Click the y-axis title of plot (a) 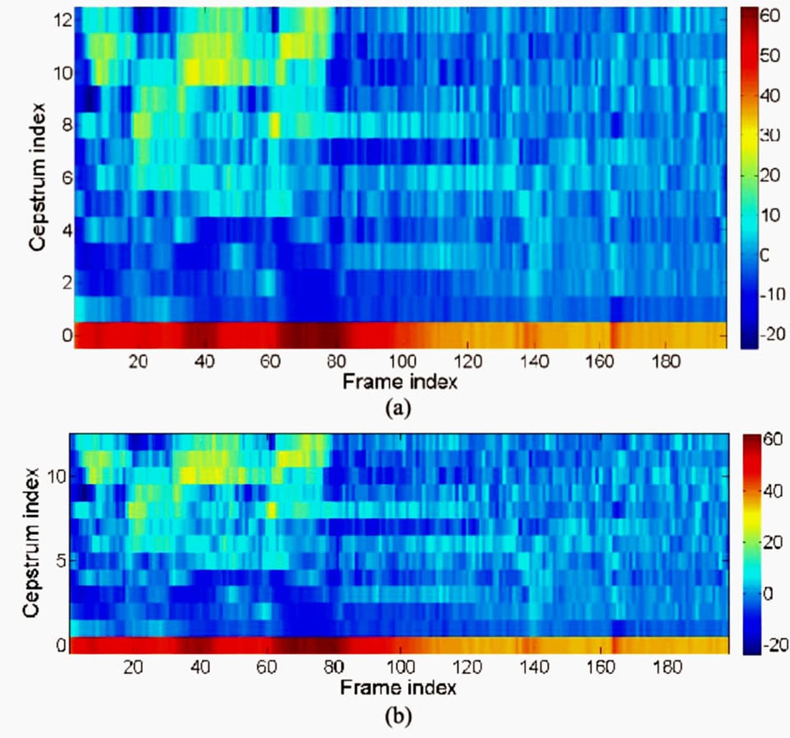tap(37, 177)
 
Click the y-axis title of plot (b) tap(32, 543)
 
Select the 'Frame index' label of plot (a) tap(400, 382)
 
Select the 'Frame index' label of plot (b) tap(398, 688)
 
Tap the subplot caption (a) tap(398, 408)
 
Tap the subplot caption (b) tap(398, 715)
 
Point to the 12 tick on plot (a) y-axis tap(62, 20)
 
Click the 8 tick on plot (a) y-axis tap(67, 125)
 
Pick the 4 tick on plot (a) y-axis tap(67, 230)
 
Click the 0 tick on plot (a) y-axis tap(67, 335)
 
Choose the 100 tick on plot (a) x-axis tap(402, 362)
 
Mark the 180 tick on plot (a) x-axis tap(666, 362)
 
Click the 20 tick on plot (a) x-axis tap(138, 362)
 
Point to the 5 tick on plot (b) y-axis tap(61, 560)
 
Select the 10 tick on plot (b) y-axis tap(57, 477)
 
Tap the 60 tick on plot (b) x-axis tap(266, 667)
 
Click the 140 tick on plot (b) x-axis tap(534, 667)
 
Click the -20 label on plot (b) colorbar tap(774, 645)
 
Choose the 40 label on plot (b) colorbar tap(773, 491)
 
